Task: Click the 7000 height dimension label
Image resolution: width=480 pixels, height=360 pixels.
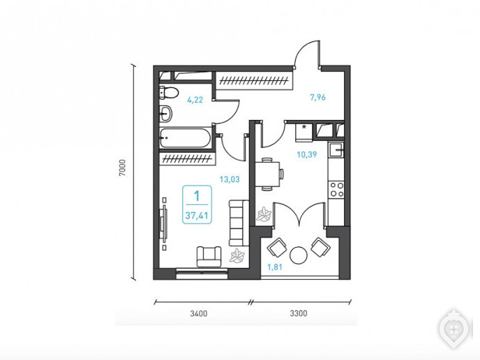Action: [123, 167]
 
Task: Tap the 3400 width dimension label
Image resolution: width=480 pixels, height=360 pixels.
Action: [199, 313]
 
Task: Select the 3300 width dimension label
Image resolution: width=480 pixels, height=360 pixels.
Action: [299, 313]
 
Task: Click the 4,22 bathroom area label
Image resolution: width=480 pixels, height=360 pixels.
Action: [195, 100]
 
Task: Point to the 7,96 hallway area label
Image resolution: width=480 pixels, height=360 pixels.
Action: [317, 98]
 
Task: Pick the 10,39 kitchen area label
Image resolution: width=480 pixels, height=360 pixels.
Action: [307, 154]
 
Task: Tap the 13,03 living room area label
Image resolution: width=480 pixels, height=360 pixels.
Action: [230, 179]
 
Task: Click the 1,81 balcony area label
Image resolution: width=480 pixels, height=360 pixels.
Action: [275, 267]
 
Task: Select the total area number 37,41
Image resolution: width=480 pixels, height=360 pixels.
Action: [197, 216]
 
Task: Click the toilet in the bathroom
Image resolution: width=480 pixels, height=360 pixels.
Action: [167, 93]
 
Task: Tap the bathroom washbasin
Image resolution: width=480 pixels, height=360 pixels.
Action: [165, 114]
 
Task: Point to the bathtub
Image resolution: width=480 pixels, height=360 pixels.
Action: [185, 138]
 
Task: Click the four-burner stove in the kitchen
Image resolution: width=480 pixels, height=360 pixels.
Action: [336, 189]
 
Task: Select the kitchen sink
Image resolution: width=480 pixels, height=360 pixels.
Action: [336, 150]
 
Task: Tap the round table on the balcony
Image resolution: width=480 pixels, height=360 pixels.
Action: [298, 255]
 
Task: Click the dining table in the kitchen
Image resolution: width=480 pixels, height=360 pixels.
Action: [269, 174]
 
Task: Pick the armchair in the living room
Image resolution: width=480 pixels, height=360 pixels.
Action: [209, 257]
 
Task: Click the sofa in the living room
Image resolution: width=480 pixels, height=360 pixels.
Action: [239, 223]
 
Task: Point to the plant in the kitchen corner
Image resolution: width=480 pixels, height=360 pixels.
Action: [264, 215]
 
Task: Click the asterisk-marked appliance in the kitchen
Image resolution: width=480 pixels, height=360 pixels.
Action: [304, 133]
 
